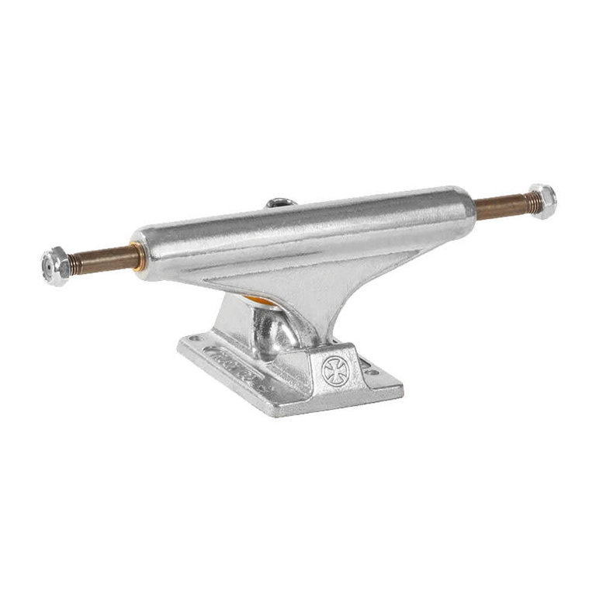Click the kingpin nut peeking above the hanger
(x=277, y=203)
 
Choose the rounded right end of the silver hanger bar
(x=466, y=203)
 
